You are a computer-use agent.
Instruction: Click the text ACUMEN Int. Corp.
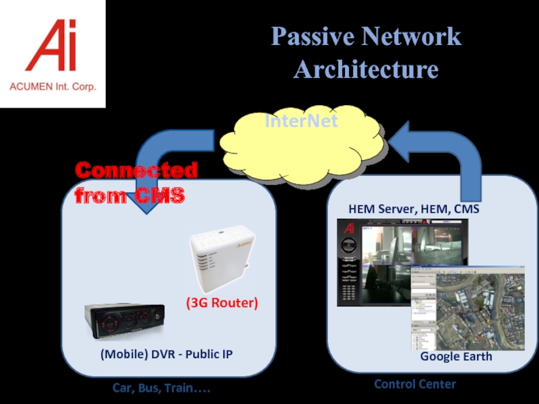(53, 87)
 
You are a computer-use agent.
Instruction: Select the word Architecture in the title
(366, 69)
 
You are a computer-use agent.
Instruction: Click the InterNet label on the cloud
(300, 122)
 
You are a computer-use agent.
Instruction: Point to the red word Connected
(136, 171)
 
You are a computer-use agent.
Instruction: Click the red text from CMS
(129, 196)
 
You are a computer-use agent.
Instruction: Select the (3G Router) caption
(222, 303)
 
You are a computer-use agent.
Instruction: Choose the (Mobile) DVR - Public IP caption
(166, 353)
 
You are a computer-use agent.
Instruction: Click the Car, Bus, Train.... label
(165, 389)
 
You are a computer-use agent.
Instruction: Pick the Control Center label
(415, 384)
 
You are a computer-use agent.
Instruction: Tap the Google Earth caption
(455, 356)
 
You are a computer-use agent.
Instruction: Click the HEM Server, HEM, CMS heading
(414, 209)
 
